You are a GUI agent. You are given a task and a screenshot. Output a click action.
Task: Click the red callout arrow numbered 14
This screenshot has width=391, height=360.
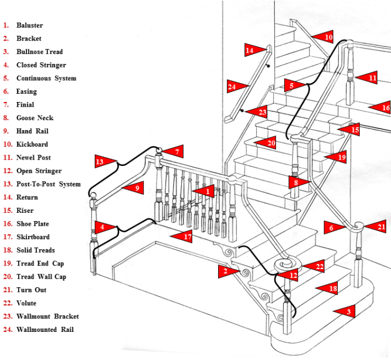point(253,51)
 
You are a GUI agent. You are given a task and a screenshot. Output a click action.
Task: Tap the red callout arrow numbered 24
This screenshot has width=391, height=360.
point(235,87)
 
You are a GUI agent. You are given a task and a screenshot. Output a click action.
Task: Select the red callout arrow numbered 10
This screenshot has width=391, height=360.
point(324,37)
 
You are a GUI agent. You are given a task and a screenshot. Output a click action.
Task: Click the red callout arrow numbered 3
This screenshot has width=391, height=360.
point(345,312)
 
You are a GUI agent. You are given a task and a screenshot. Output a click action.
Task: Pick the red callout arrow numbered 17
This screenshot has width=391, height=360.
point(183,237)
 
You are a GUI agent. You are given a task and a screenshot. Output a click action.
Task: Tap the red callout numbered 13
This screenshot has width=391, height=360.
point(103,161)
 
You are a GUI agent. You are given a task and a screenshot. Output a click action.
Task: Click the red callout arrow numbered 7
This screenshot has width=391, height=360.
point(174,152)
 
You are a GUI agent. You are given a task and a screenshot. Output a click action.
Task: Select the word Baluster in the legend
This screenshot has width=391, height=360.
point(29,26)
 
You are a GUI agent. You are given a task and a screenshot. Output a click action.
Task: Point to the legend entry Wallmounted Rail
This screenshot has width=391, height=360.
point(45,330)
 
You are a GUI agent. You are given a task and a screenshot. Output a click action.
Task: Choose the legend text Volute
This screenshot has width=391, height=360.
point(26,303)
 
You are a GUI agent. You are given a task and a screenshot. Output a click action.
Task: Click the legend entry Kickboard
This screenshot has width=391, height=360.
point(32,145)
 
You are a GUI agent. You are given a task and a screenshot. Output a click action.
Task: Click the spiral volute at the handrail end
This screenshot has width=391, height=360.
point(284,264)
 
